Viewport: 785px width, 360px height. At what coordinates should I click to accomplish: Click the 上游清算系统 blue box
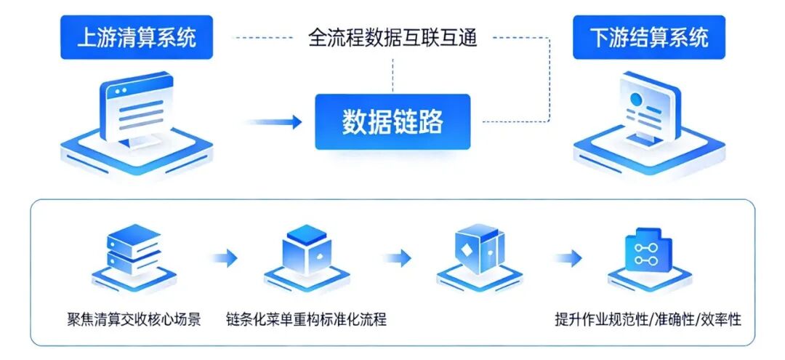click(137, 36)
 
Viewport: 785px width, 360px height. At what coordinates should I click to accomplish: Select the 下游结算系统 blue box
click(648, 36)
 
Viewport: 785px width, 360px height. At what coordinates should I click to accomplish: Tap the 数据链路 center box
click(392, 122)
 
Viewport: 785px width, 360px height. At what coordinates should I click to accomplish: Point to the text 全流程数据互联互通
click(392, 37)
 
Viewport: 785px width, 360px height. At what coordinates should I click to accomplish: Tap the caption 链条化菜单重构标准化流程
click(306, 319)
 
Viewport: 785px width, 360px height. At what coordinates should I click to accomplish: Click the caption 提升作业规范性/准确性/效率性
click(648, 319)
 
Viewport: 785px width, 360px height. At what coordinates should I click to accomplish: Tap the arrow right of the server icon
click(225, 257)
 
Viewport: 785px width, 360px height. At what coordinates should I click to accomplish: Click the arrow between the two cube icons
click(397, 257)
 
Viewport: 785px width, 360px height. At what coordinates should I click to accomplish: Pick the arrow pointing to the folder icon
click(567, 257)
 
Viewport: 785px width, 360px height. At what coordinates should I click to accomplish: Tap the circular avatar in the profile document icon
click(635, 98)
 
